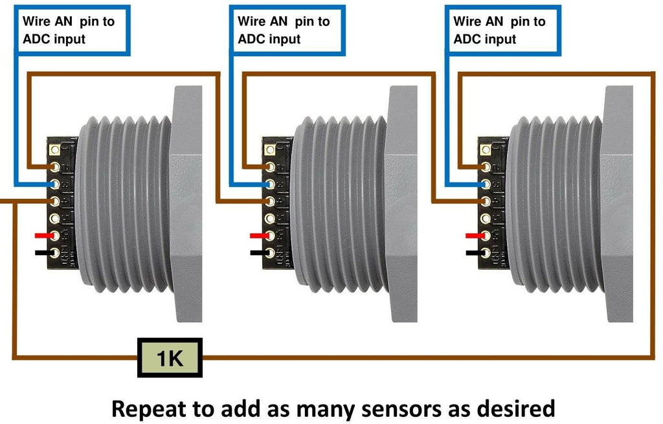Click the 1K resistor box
point(170,357)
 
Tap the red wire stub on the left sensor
point(43,236)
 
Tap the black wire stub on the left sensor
point(43,252)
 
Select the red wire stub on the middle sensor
point(258,236)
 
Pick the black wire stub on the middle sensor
point(258,252)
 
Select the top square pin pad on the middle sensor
point(269,150)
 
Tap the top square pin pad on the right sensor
point(485,150)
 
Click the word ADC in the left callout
point(36,39)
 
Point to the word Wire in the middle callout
point(251,21)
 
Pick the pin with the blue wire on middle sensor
point(269,184)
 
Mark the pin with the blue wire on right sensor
point(485,184)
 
